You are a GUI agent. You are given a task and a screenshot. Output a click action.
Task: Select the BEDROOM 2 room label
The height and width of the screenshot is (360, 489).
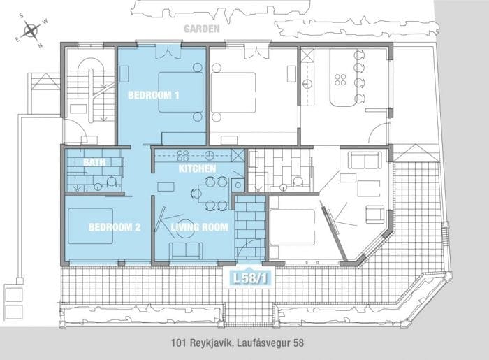click(115, 227)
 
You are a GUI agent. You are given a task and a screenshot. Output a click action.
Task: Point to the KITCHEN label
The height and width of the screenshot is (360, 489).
click(197, 169)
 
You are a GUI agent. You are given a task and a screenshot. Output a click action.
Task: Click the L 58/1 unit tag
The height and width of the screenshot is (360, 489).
click(249, 278)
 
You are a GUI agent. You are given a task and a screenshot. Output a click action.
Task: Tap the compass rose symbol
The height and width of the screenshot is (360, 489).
click(33, 30)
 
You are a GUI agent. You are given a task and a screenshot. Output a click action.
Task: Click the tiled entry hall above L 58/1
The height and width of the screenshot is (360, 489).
click(250, 224)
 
